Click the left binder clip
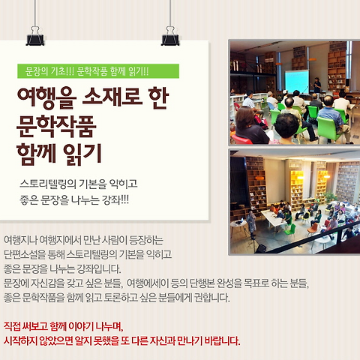[35, 36]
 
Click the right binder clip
[170, 36]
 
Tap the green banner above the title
[98, 71]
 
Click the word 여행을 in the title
[46, 98]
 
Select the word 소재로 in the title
[112, 97]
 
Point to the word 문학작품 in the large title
[56, 126]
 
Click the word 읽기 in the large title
[82, 154]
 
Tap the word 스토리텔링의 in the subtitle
[48, 184]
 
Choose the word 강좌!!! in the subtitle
[115, 200]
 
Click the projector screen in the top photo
[297, 81]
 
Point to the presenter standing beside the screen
[317, 85]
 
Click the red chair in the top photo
[241, 139]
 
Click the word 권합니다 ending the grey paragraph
[212, 298]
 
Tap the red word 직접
[12, 326]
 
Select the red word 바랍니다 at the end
[222, 340]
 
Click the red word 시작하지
[20, 340]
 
